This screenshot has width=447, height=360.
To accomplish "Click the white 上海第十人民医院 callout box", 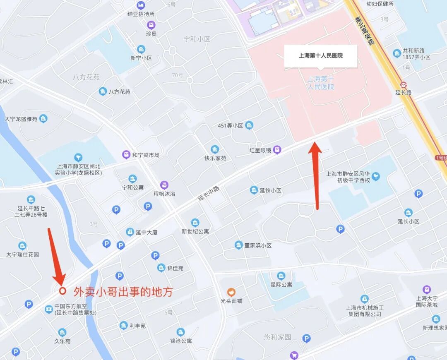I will click(321, 55).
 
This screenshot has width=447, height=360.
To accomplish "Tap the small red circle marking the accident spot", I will click(62, 290).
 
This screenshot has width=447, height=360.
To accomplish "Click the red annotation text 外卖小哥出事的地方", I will click(123, 292).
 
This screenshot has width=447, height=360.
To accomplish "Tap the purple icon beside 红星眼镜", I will click(277, 150).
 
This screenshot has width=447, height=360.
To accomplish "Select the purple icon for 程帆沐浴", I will click(164, 185).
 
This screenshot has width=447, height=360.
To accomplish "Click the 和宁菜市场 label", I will click(146, 155).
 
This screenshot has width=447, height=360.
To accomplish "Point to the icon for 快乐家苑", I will click(214, 149).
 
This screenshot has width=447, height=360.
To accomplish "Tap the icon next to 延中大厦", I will click(130, 232).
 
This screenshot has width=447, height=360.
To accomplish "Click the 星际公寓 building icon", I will click(281, 276).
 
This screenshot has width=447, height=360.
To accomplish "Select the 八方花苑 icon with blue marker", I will click(103, 91).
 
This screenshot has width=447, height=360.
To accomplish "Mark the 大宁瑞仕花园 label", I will click(23, 254).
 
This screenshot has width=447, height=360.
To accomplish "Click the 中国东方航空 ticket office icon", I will click(49, 309).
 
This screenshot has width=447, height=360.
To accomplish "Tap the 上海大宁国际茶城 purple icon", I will click(427, 289).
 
